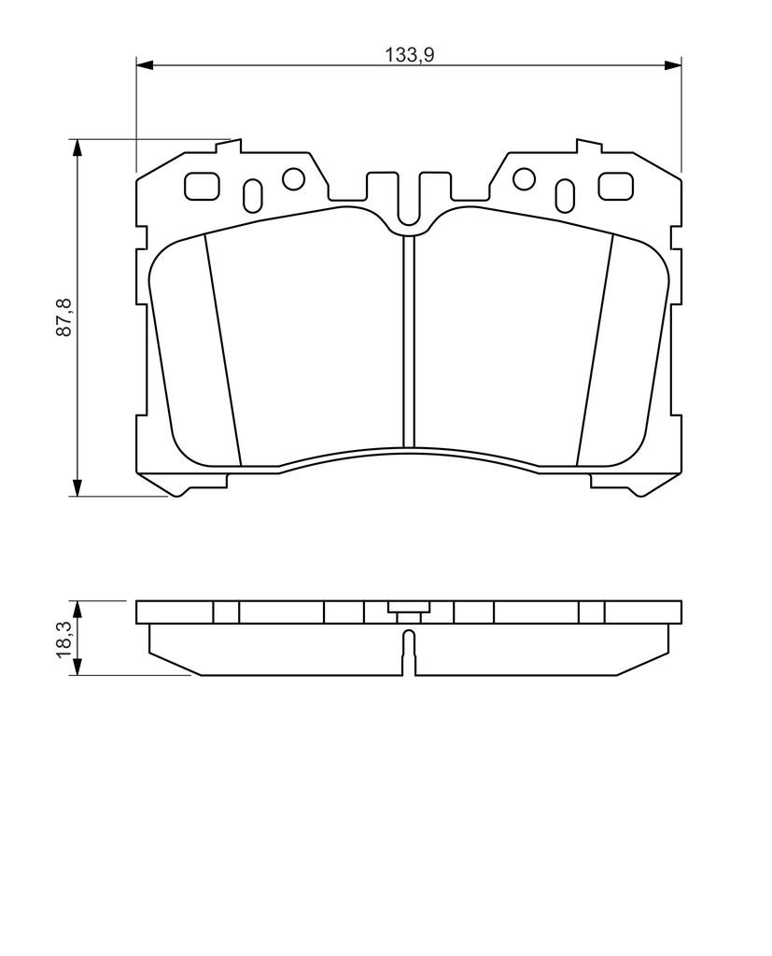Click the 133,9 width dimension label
[409, 55]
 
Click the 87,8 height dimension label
[64, 317]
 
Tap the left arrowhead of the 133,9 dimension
[144, 64]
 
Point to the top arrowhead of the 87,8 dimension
[77, 148]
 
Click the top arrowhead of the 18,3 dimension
[77, 609]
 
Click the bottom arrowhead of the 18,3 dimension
[77, 667]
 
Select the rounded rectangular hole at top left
[202, 186]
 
